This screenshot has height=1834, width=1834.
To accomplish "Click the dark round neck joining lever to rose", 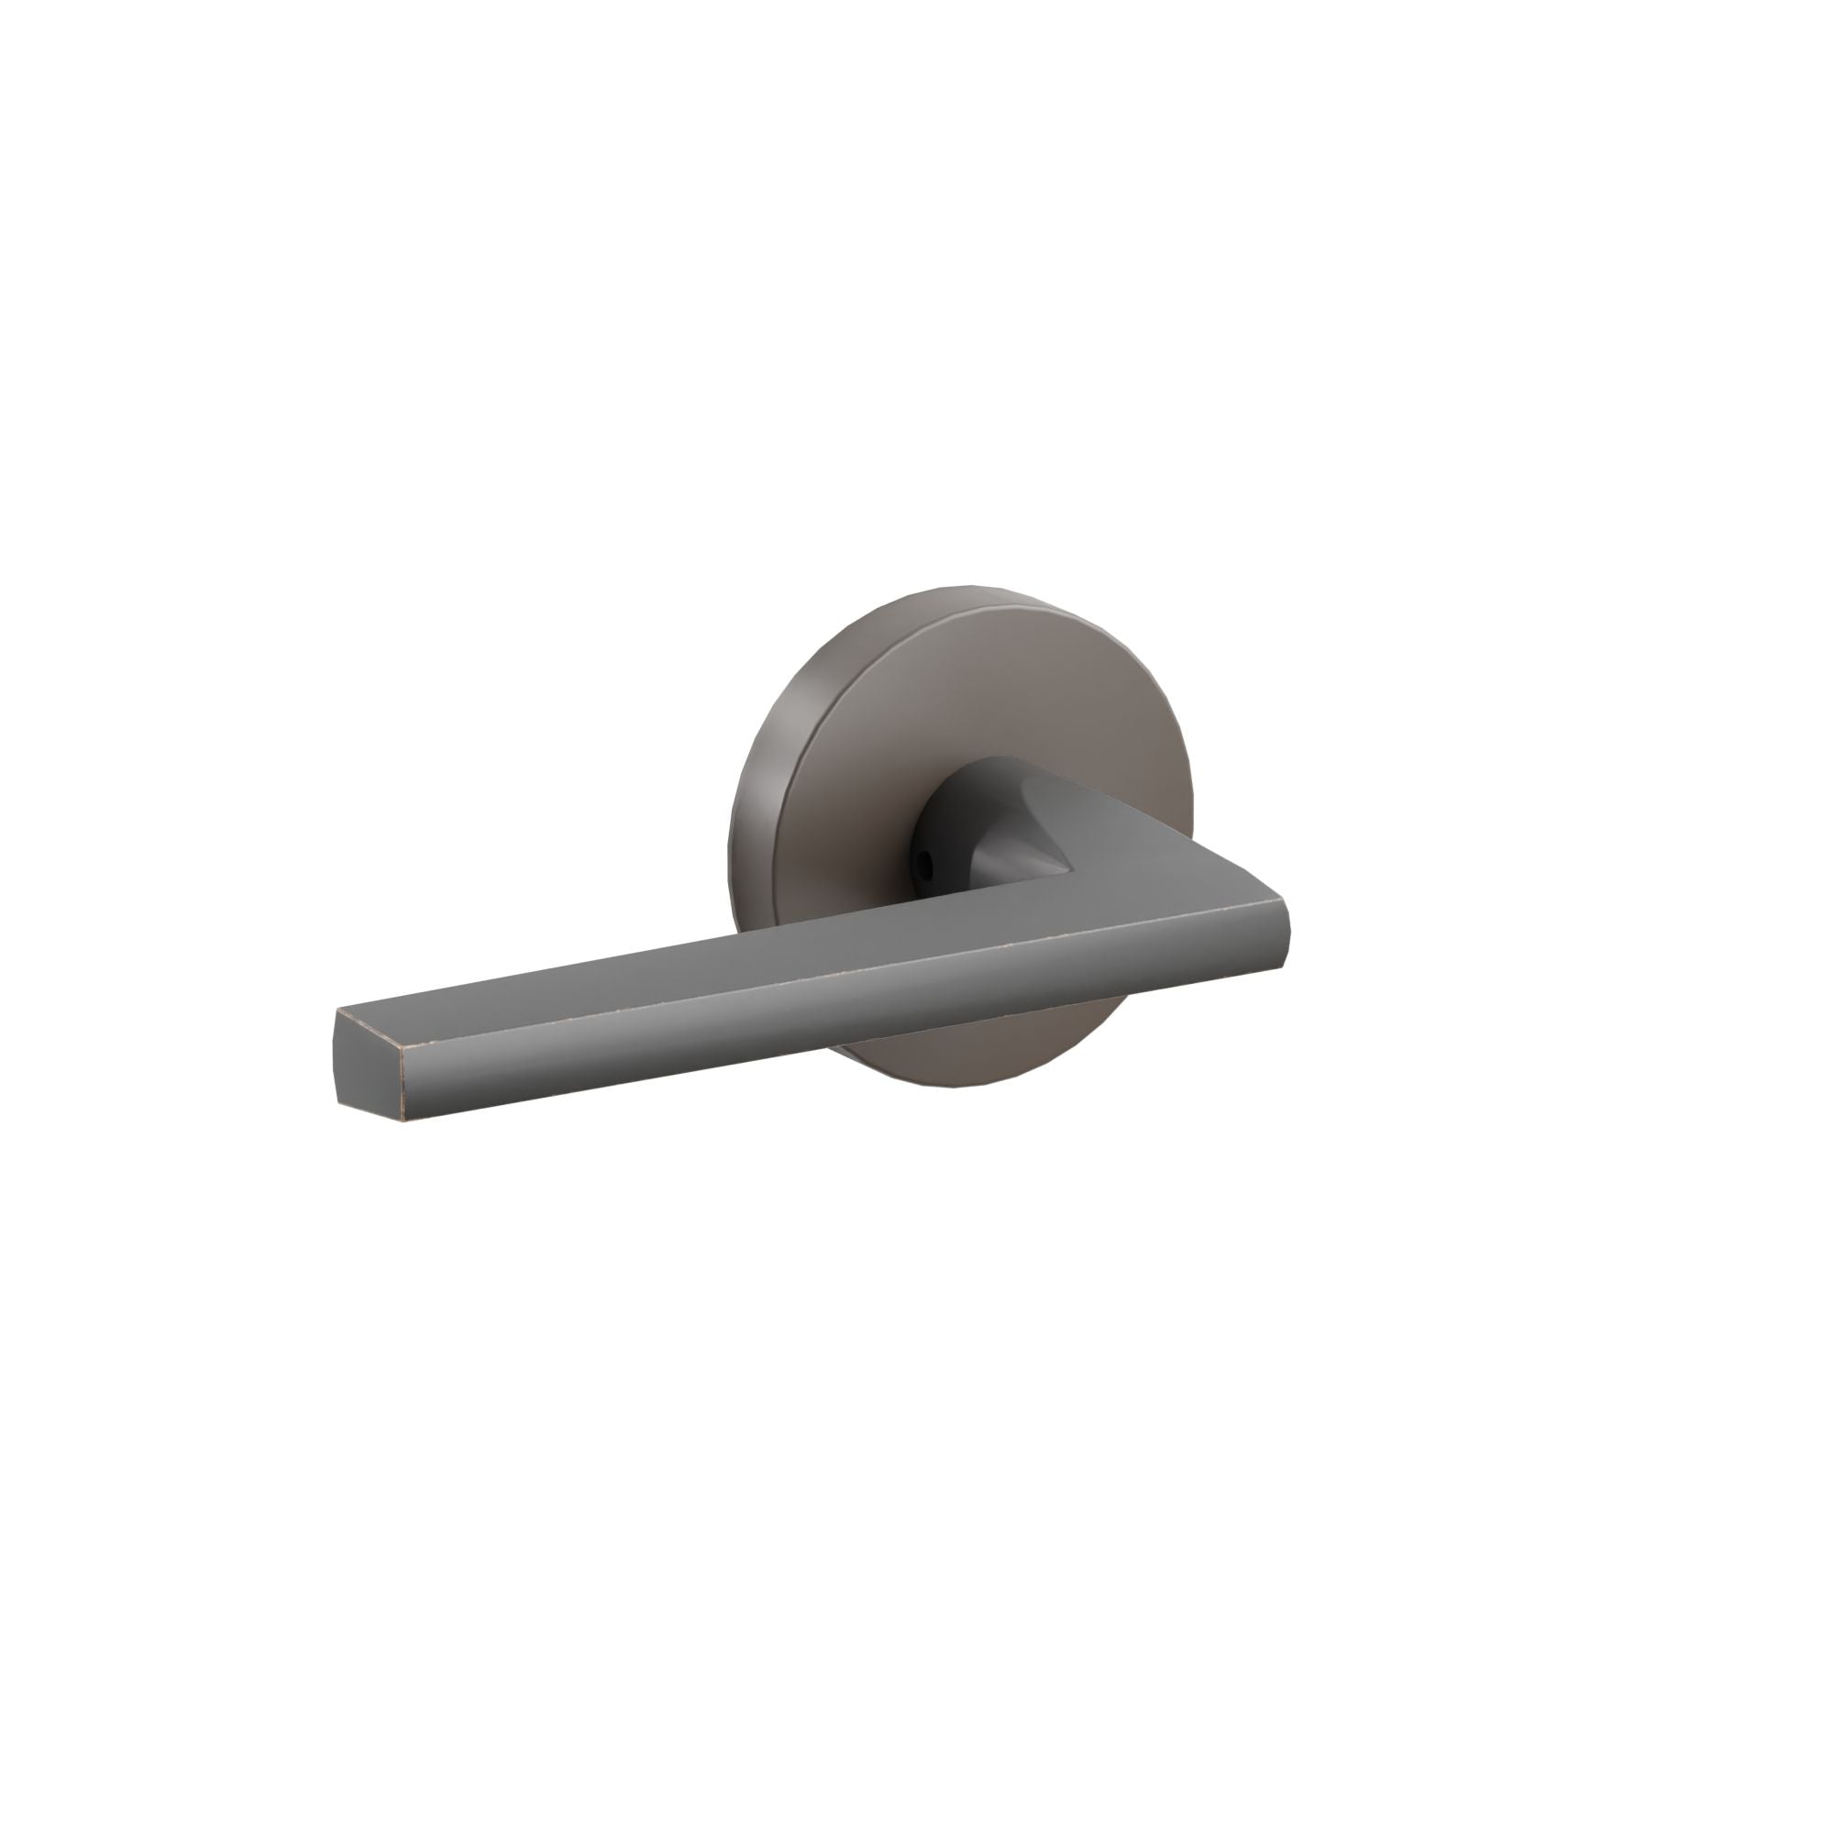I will (x=959, y=807).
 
